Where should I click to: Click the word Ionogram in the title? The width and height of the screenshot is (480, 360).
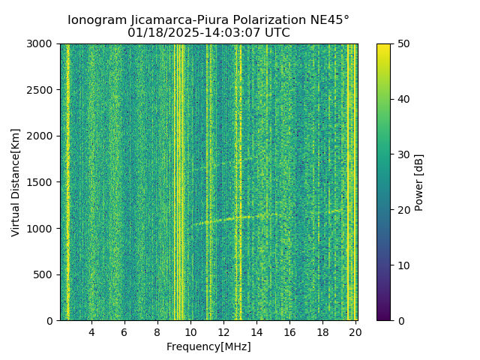[96, 20]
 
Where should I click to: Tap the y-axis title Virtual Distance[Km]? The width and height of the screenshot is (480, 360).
[16, 182]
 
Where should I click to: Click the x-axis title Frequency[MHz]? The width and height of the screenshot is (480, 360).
[208, 346]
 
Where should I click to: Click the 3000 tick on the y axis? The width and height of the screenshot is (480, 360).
[42, 43]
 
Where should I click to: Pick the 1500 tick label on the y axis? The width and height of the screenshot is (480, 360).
[42, 182]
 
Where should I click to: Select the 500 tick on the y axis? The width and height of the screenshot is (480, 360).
[45, 274]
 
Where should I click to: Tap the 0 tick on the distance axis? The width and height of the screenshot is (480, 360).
[51, 321]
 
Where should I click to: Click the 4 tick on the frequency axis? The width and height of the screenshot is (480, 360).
[91, 332]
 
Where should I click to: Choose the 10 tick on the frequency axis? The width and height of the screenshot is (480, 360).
[190, 332]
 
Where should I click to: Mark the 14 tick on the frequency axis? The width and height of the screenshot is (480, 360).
[256, 332]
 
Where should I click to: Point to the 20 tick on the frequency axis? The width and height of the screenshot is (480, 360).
[355, 332]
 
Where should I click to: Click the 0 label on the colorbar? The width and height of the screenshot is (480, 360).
[399, 321]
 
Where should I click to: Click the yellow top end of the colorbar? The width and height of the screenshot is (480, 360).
[383, 46]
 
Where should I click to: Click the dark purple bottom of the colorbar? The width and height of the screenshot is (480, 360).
[383, 318]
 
